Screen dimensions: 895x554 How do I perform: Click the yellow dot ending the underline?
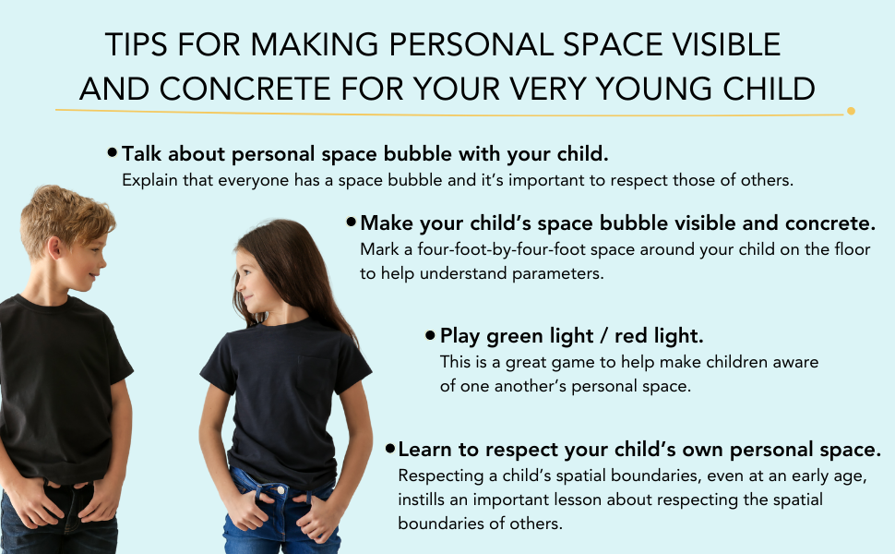coord(851,111)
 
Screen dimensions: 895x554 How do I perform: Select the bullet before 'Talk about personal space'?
coord(113,152)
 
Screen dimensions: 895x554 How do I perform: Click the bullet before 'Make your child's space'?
coord(351,222)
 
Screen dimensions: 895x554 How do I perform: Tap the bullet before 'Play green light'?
coord(430,334)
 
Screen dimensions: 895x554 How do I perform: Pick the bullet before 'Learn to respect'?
coord(390,449)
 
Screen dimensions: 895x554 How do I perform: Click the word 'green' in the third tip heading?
coord(515,336)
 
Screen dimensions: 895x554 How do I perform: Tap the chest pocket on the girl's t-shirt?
coord(316,375)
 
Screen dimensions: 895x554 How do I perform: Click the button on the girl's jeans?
coord(280,489)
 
